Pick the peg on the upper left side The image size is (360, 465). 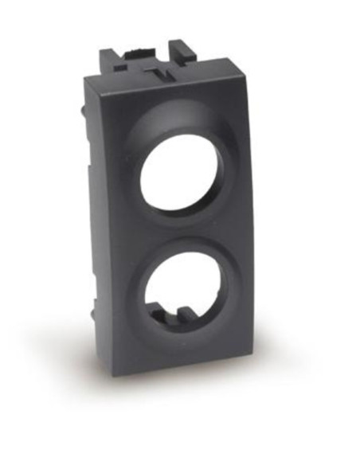point(82,111)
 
